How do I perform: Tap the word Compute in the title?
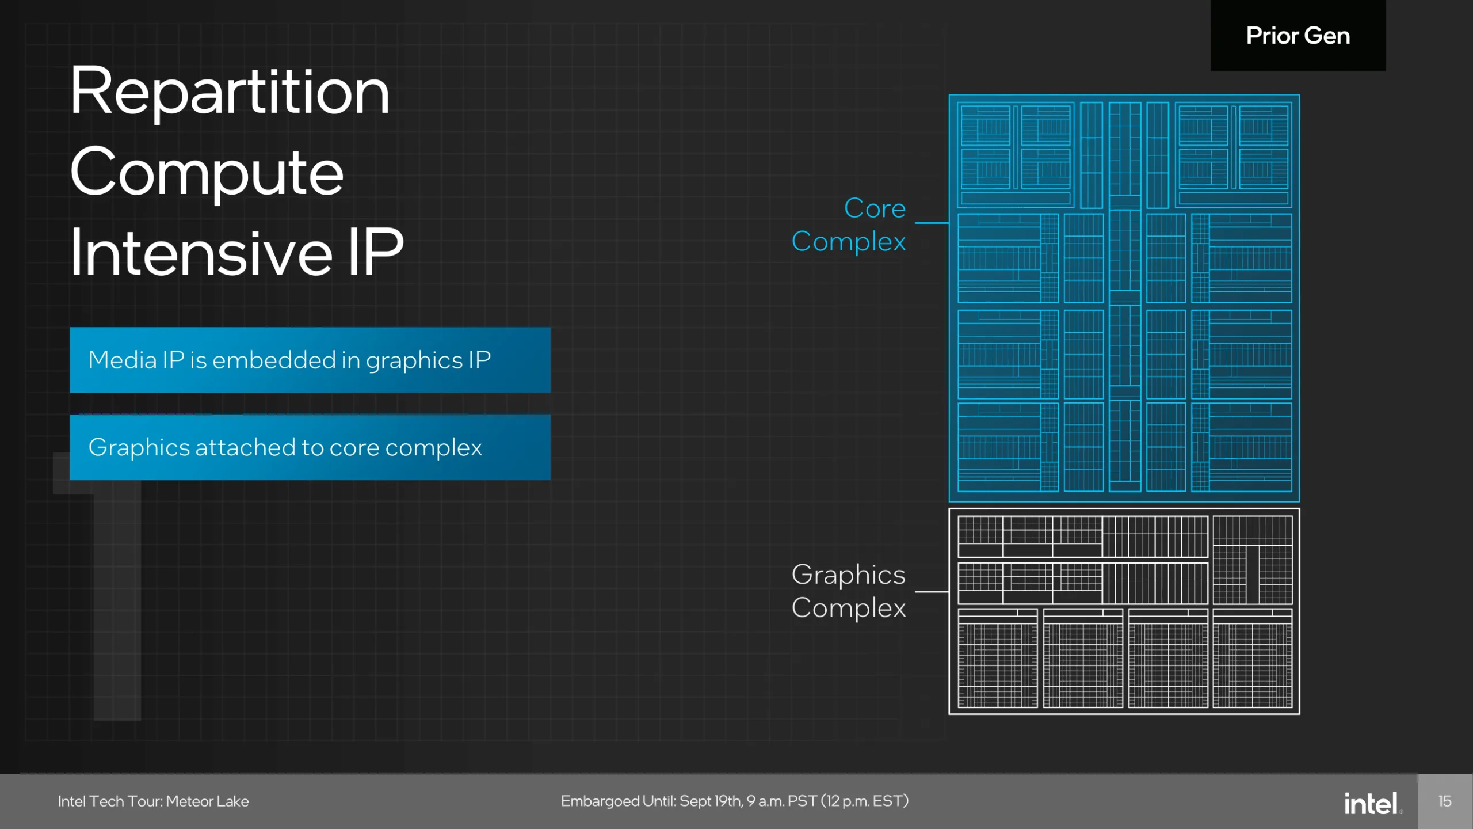(x=207, y=173)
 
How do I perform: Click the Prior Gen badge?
(x=1298, y=35)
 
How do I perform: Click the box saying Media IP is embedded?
(x=310, y=360)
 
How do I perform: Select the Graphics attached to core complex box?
(x=310, y=447)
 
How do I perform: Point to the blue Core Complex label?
(x=849, y=225)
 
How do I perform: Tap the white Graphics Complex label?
(x=849, y=591)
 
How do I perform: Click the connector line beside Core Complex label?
(x=932, y=223)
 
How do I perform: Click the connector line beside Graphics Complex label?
(x=932, y=591)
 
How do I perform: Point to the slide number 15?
(x=1445, y=801)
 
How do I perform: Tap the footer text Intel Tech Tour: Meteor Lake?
(x=154, y=801)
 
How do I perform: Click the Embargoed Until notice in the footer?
(x=735, y=801)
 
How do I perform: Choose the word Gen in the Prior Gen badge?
(x=1327, y=36)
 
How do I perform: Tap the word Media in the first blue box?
(x=123, y=360)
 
